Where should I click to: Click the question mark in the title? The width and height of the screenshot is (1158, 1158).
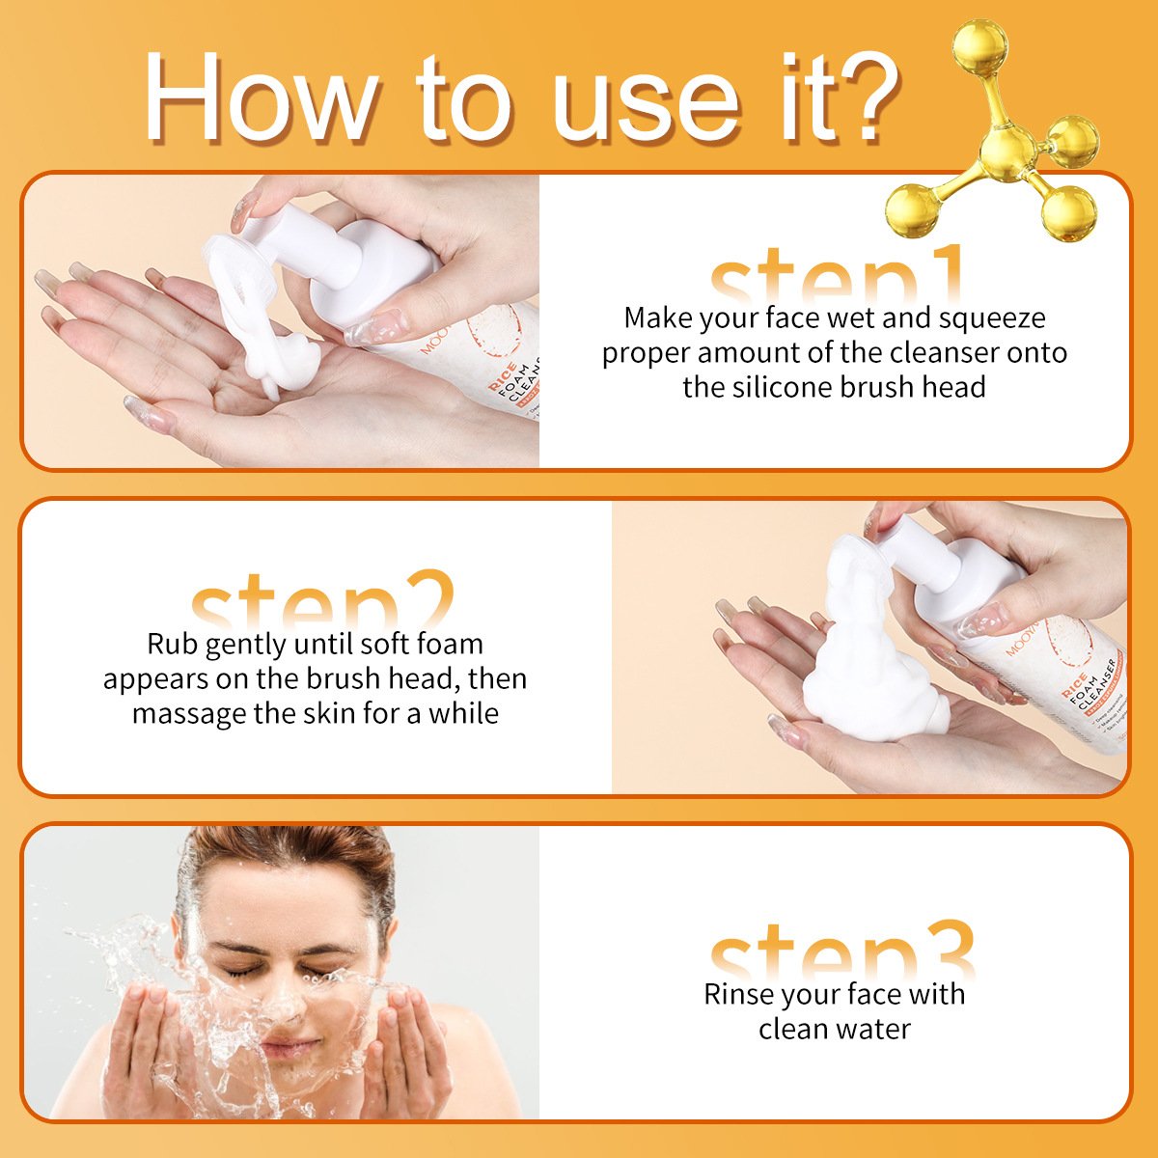point(861,96)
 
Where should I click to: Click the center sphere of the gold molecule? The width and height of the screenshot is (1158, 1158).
point(1009,151)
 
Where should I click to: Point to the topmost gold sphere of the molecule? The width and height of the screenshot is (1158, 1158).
point(980,45)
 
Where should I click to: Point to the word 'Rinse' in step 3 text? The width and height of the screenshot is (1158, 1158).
point(739,995)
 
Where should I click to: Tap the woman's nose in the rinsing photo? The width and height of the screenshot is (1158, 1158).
point(280,1004)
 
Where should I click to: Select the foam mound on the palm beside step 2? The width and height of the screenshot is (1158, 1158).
point(868,675)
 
